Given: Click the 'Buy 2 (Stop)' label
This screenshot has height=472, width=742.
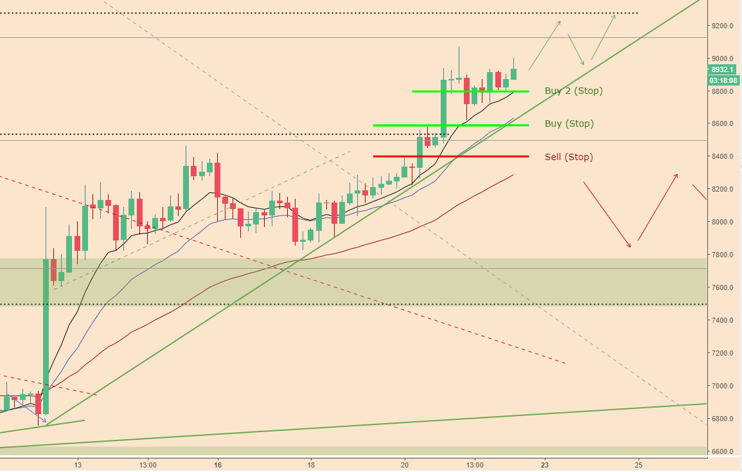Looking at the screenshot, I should click(573, 91).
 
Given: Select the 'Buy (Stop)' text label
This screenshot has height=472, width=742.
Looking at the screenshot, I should click(569, 123).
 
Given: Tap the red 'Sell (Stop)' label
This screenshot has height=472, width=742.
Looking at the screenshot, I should click(569, 157).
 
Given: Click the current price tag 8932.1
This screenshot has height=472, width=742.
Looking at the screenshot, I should click(723, 69).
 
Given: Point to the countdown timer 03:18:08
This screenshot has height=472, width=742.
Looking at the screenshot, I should click(723, 80).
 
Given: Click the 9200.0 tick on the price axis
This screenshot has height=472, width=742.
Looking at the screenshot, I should click(723, 26).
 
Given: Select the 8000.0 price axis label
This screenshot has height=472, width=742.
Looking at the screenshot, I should click(723, 222).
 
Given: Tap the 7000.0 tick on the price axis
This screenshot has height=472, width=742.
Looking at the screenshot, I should click(723, 386).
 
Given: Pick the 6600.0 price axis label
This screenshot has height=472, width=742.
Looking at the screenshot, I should click(723, 451).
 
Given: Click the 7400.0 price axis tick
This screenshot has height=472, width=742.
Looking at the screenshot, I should click(723, 320).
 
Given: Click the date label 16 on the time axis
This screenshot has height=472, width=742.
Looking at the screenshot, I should click(218, 464).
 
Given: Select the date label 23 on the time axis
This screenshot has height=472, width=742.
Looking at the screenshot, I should click(545, 464).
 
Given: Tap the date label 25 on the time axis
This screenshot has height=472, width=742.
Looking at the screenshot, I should click(639, 464).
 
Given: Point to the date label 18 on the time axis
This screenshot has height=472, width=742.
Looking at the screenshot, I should click(311, 464).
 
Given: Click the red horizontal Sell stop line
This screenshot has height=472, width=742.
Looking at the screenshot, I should click(450, 156).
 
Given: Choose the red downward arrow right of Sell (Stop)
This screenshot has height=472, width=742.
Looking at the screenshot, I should click(606, 214).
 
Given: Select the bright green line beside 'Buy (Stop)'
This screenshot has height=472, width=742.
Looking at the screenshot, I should click(450, 125).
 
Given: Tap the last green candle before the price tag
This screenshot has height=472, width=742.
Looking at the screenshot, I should click(514, 74).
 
